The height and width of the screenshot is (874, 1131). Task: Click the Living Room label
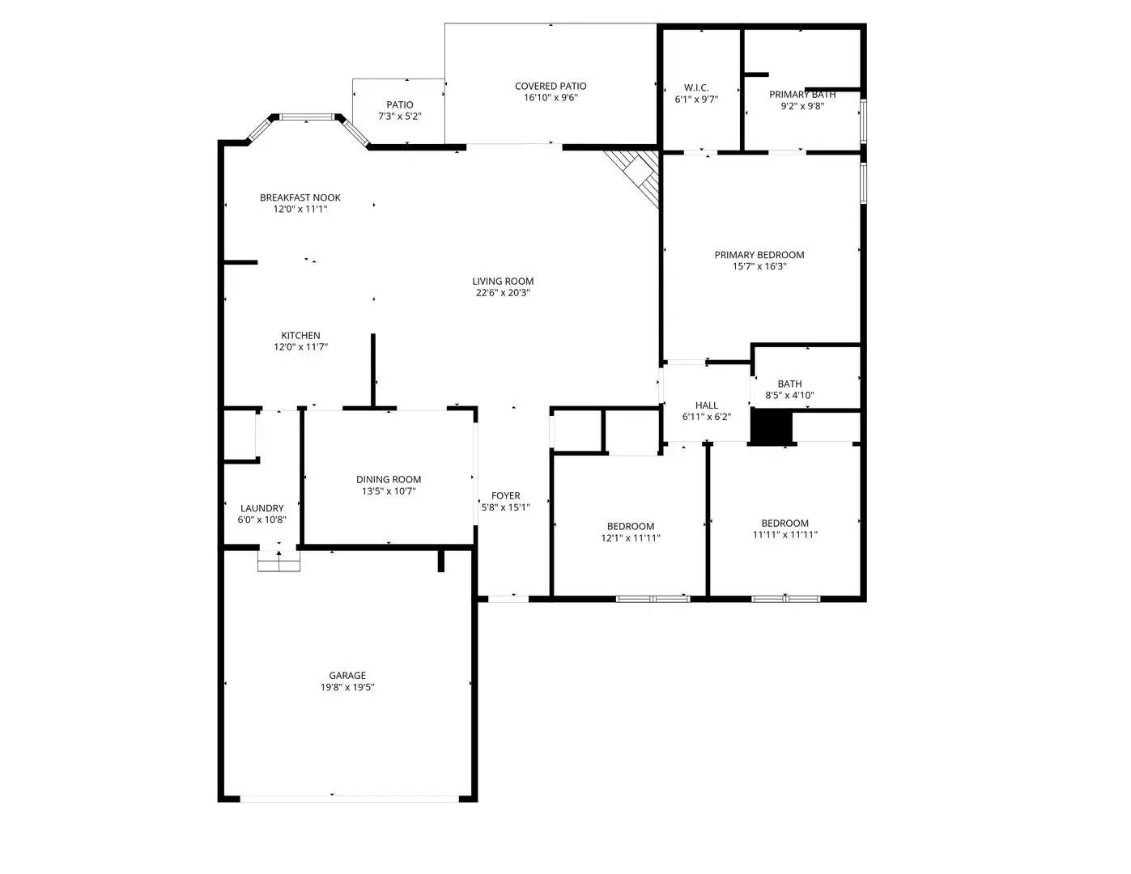pos(503,282)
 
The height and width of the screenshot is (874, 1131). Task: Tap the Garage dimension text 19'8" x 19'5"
pos(347,687)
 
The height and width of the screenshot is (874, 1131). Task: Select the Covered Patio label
pos(551,86)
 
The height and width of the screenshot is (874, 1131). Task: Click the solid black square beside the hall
pos(771,426)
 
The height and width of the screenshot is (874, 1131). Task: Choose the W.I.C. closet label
pos(696,87)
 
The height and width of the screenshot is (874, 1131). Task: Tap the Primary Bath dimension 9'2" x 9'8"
pos(801,105)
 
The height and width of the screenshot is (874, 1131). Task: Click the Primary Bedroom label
pos(759,255)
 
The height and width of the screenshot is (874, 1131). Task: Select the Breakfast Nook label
pos(300,197)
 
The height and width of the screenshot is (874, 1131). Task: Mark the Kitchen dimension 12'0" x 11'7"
pos(300,347)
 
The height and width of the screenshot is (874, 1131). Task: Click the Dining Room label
pos(389,479)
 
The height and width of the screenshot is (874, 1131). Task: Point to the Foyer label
pos(505,496)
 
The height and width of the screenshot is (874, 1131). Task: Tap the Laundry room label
pos(261,508)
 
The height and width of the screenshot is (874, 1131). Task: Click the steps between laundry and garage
pos(278,561)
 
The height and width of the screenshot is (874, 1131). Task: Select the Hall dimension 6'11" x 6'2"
pos(706,417)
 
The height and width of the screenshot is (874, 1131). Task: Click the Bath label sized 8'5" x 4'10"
pos(789,384)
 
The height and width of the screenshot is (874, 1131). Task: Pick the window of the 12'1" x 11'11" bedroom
pos(653,599)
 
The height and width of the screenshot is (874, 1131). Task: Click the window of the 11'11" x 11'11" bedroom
pos(785,599)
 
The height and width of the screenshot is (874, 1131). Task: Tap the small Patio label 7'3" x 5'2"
pos(399,104)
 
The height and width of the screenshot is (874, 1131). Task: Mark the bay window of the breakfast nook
pos(307,118)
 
